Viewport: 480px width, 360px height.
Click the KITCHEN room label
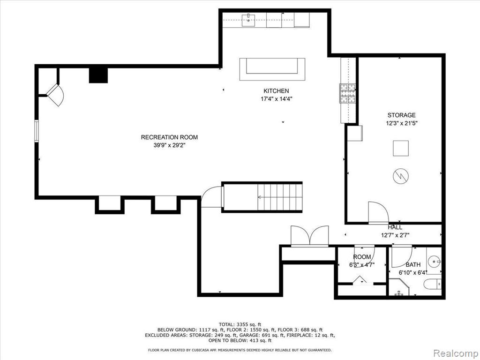[x=276, y=91]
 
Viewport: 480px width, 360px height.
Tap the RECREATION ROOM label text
[x=169, y=137]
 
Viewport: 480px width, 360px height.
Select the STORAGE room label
[x=402, y=115]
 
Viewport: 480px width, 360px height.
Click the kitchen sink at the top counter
[x=248, y=20]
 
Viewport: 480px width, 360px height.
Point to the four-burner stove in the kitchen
[x=348, y=93]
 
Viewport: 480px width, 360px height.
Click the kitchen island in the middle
[x=272, y=69]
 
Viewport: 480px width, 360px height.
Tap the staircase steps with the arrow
[x=280, y=197]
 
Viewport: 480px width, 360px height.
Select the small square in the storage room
[x=401, y=148]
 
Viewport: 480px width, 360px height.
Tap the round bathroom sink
[x=435, y=262]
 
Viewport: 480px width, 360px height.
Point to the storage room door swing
[x=378, y=212]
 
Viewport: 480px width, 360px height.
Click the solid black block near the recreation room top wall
[x=98, y=75]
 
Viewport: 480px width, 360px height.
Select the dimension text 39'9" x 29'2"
[x=170, y=146]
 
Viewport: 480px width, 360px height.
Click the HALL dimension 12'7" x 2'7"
[x=395, y=235]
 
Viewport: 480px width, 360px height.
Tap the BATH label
[x=413, y=264]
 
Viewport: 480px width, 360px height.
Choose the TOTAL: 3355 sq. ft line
[x=240, y=324]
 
